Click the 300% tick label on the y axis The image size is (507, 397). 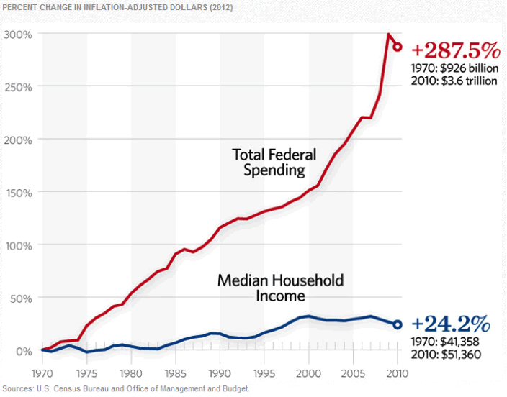click(x=18, y=34)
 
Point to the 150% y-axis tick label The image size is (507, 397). click(x=18, y=192)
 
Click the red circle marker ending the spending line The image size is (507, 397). click(x=398, y=47)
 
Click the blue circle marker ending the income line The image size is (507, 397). click(x=398, y=324)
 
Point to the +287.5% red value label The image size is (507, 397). click(x=454, y=50)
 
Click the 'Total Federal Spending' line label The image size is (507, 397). click(x=269, y=162)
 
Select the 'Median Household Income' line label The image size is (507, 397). click(x=280, y=287)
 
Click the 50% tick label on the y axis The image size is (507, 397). click(x=19, y=298)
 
